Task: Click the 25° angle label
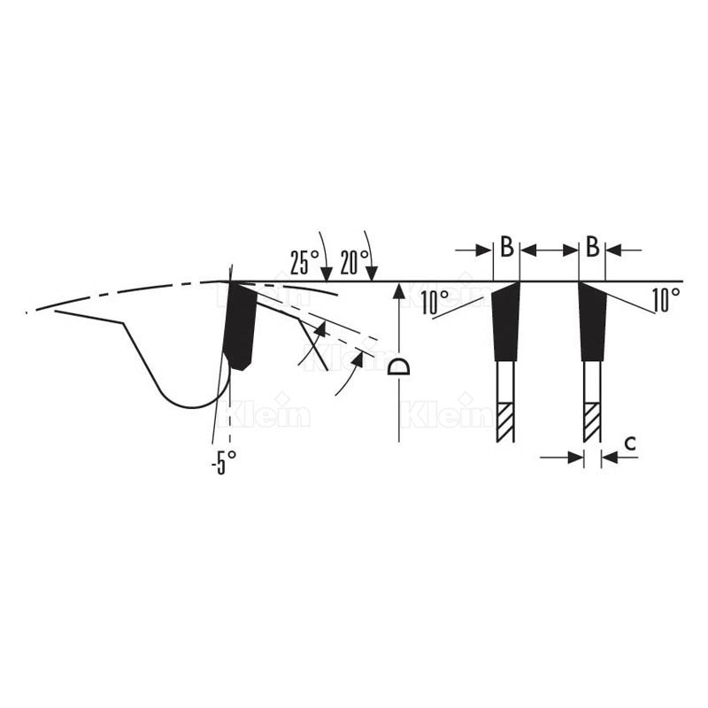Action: pyautogui.click(x=304, y=263)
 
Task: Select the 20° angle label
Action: pyautogui.click(x=353, y=263)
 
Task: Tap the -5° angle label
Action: pyautogui.click(x=224, y=461)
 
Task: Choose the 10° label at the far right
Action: pyautogui.click(x=666, y=301)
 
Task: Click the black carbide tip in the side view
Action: pyautogui.click(x=240, y=323)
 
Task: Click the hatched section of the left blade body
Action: pyautogui.click(x=504, y=423)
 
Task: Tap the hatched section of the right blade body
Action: pyautogui.click(x=591, y=423)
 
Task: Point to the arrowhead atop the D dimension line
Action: pyautogui.click(x=399, y=289)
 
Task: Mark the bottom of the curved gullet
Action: pyautogui.click(x=190, y=406)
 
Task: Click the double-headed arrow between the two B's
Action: pyautogui.click(x=549, y=251)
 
